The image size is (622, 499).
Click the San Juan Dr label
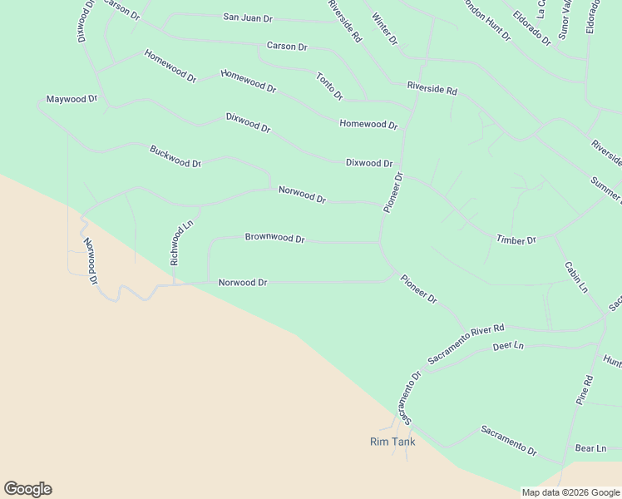[248, 17]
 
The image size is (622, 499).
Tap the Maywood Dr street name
[72, 99]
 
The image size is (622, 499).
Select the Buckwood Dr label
[175, 156]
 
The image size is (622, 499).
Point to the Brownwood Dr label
[274, 238]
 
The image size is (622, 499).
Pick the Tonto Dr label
[329, 86]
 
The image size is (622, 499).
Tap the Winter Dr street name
[386, 29]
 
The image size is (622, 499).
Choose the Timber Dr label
[516, 240]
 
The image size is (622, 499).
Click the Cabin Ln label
[576, 277]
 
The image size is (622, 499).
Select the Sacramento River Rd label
[466, 343]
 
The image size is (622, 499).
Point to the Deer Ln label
[508, 345]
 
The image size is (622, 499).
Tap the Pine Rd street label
[585, 390]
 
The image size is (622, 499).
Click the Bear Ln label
[590, 448]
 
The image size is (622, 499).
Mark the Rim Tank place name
[392, 442]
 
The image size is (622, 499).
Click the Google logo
[27, 489]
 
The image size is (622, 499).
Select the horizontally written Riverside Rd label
[432, 88]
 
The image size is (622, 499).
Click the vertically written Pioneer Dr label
[392, 192]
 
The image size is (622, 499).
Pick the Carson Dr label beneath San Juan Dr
[287, 47]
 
